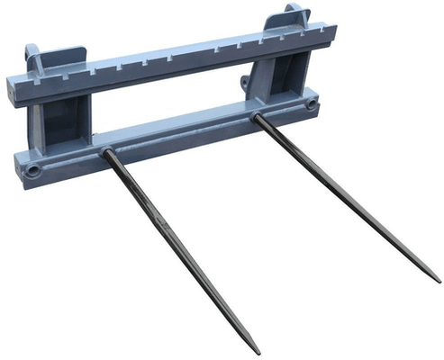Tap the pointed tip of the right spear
439,281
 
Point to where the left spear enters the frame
106,152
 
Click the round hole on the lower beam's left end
33,169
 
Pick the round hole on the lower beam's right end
312,105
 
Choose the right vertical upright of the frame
270,76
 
